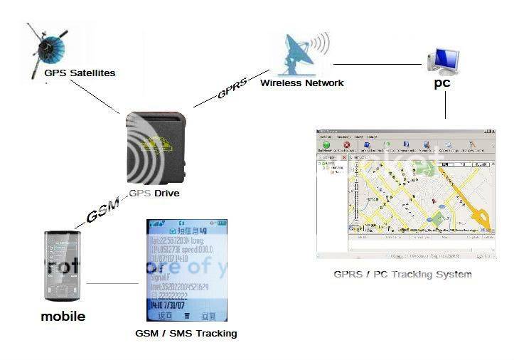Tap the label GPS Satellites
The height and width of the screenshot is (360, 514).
pos(79,73)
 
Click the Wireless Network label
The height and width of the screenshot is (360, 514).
pos(301,83)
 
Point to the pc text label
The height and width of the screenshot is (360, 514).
pos(442,83)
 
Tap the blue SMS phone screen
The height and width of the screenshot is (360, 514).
pos(186,270)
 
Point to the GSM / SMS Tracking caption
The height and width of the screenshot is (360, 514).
pos(186,333)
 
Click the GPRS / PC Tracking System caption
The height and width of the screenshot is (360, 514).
pos(402,274)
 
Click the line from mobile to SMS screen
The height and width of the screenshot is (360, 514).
pos(113,285)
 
